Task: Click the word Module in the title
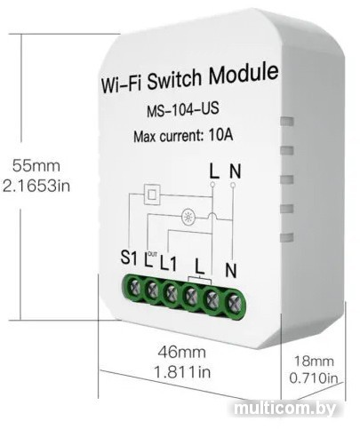pos(244,74)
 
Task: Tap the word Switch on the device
pos(174,79)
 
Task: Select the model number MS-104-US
pos(183,109)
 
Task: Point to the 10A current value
pos(220,135)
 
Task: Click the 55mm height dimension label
pos(36,166)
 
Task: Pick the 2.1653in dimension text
pos(36,187)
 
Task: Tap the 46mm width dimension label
pos(181,353)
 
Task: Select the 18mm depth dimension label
pos(314,361)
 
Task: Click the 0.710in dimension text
pos(314,378)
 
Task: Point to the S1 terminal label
pos(129,258)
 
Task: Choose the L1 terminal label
pos(169,263)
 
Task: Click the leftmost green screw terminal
pos(133,287)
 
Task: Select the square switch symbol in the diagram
pos(152,195)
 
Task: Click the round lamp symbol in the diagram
pos(188,218)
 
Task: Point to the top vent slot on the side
pos(286,121)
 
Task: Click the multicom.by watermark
pos(284,409)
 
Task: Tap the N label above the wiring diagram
pos(235,171)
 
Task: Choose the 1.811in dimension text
pos(182,372)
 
